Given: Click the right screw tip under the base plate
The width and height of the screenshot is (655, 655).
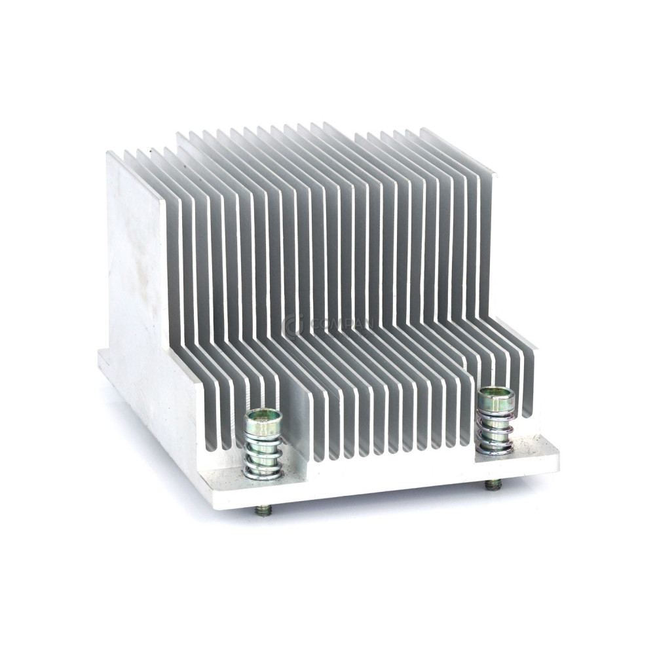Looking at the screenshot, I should click(x=494, y=485).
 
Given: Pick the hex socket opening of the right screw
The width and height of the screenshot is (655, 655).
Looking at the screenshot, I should click(x=492, y=393).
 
